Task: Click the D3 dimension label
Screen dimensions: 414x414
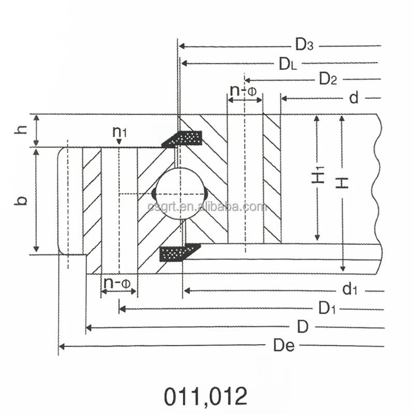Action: coord(304,46)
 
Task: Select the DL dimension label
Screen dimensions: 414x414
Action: coord(288,64)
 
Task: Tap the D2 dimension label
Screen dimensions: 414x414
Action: coord(328,80)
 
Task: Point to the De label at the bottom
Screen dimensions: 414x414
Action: coord(284,346)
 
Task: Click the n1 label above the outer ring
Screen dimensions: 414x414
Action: coord(120,132)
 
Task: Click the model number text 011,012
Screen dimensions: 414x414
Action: coord(206,396)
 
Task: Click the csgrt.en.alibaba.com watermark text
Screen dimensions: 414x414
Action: coord(207,208)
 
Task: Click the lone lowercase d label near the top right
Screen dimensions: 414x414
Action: coord(353,98)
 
